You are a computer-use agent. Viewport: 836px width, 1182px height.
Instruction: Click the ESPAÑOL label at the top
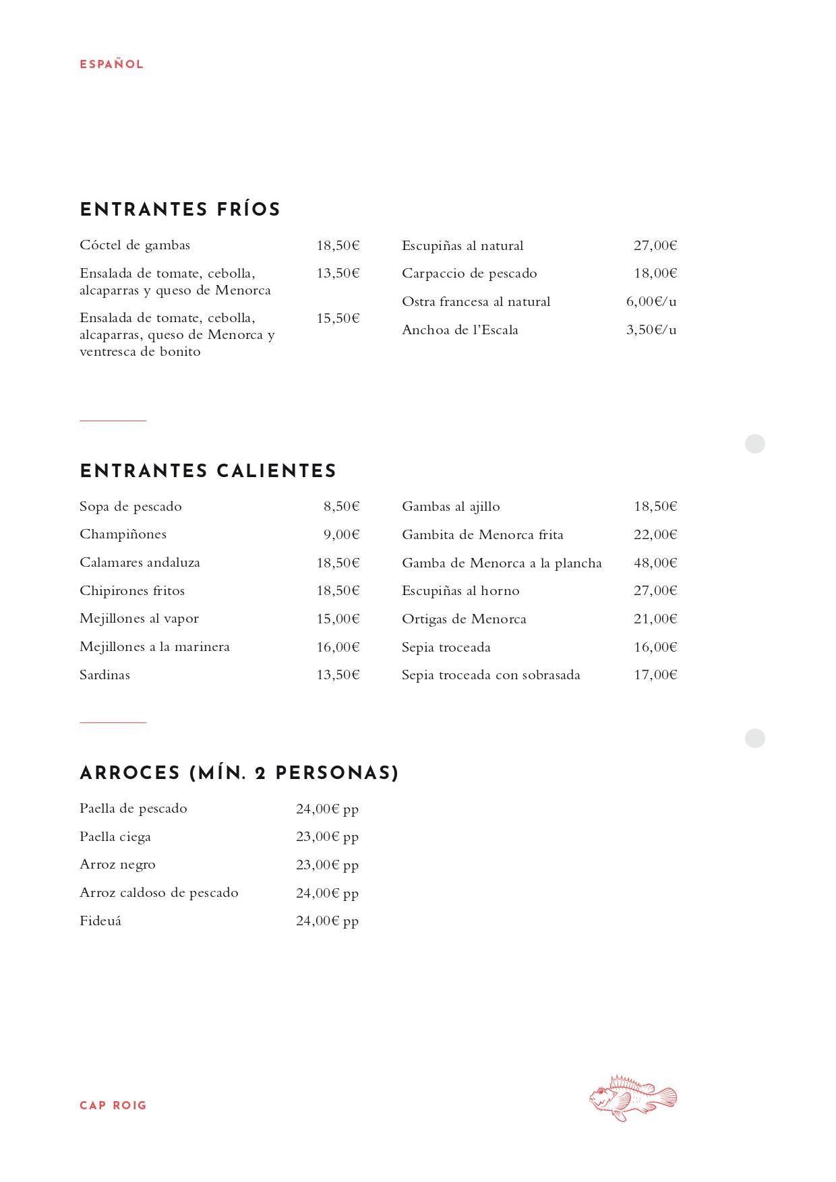tap(111, 65)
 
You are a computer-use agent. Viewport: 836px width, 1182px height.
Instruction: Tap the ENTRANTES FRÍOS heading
tap(180, 210)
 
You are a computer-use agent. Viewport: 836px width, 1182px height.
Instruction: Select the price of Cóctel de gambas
tap(338, 245)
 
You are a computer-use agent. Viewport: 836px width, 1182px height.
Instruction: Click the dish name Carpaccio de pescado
tap(469, 273)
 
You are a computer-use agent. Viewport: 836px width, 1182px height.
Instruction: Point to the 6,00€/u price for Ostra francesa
tap(651, 301)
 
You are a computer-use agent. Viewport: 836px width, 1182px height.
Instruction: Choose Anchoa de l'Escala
tap(460, 330)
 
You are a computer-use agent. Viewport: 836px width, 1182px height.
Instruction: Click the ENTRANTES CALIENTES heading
tap(208, 471)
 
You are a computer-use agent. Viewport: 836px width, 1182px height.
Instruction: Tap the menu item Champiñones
tap(123, 534)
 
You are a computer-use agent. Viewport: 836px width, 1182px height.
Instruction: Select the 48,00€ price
tap(655, 563)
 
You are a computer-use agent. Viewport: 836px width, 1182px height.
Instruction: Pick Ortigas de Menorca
tap(464, 619)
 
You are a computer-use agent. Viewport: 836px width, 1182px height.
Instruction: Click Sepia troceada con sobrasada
tap(491, 675)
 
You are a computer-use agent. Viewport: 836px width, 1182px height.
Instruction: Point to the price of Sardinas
tap(338, 675)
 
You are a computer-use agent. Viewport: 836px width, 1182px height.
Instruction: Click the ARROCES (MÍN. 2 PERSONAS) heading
tap(239, 773)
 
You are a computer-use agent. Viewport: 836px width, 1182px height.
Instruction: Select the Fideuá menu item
tap(100, 921)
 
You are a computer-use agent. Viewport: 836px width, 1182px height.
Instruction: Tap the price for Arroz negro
tap(327, 865)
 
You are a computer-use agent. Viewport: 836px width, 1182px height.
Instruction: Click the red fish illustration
tap(632, 1098)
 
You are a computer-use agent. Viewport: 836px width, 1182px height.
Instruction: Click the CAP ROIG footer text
tap(113, 1105)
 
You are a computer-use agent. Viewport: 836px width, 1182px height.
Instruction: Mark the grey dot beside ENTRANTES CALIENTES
tap(754, 444)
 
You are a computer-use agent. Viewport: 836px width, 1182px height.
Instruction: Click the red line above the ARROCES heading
tap(113, 722)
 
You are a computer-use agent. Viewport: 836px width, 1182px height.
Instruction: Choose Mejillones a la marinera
tap(154, 646)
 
